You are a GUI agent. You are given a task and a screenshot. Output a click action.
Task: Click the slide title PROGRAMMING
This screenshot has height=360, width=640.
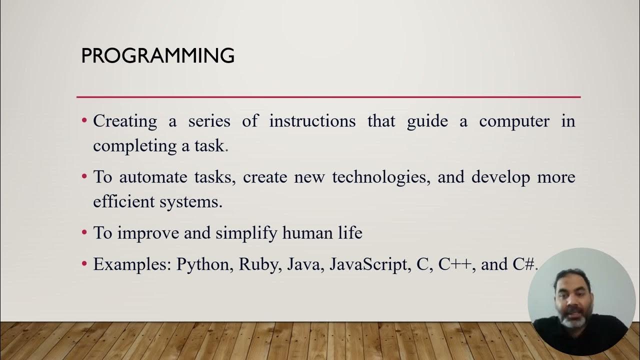pyautogui.click(x=157, y=56)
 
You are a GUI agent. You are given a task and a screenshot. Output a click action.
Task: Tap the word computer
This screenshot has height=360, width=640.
pyautogui.click(x=514, y=121)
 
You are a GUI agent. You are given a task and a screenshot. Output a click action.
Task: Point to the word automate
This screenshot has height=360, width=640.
pyautogui.click(x=152, y=177)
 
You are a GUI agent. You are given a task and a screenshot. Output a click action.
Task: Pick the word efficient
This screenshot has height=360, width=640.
pyautogui.click(x=123, y=201)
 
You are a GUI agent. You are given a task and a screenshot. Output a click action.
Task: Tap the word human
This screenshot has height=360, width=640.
pyautogui.click(x=308, y=232)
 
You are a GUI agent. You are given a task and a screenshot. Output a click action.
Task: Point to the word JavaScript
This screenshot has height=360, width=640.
pyautogui.click(x=369, y=264)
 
